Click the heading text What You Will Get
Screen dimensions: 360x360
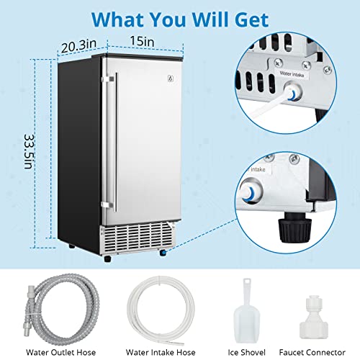point(180,17)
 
